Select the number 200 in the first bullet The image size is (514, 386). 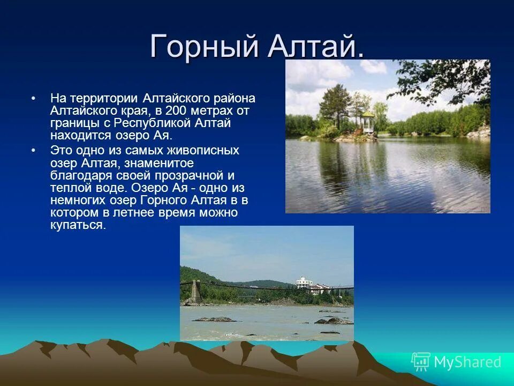pos(176,110)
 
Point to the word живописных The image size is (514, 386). pos(203,150)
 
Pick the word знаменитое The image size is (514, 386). pos(159,163)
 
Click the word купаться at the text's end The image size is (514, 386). pos(78,225)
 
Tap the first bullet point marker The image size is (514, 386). pos(33,99)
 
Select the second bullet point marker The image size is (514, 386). pos(33,150)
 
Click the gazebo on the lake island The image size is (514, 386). pos(368,122)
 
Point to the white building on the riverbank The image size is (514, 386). pos(304,283)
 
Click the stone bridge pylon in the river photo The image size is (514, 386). pos(196,291)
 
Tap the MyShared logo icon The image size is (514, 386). pos(421,362)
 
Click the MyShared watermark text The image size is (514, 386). pos(468,362)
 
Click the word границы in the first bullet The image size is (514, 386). pos(80,123)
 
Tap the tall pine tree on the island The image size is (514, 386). pos(334,106)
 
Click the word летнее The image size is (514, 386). pos(134,213)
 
